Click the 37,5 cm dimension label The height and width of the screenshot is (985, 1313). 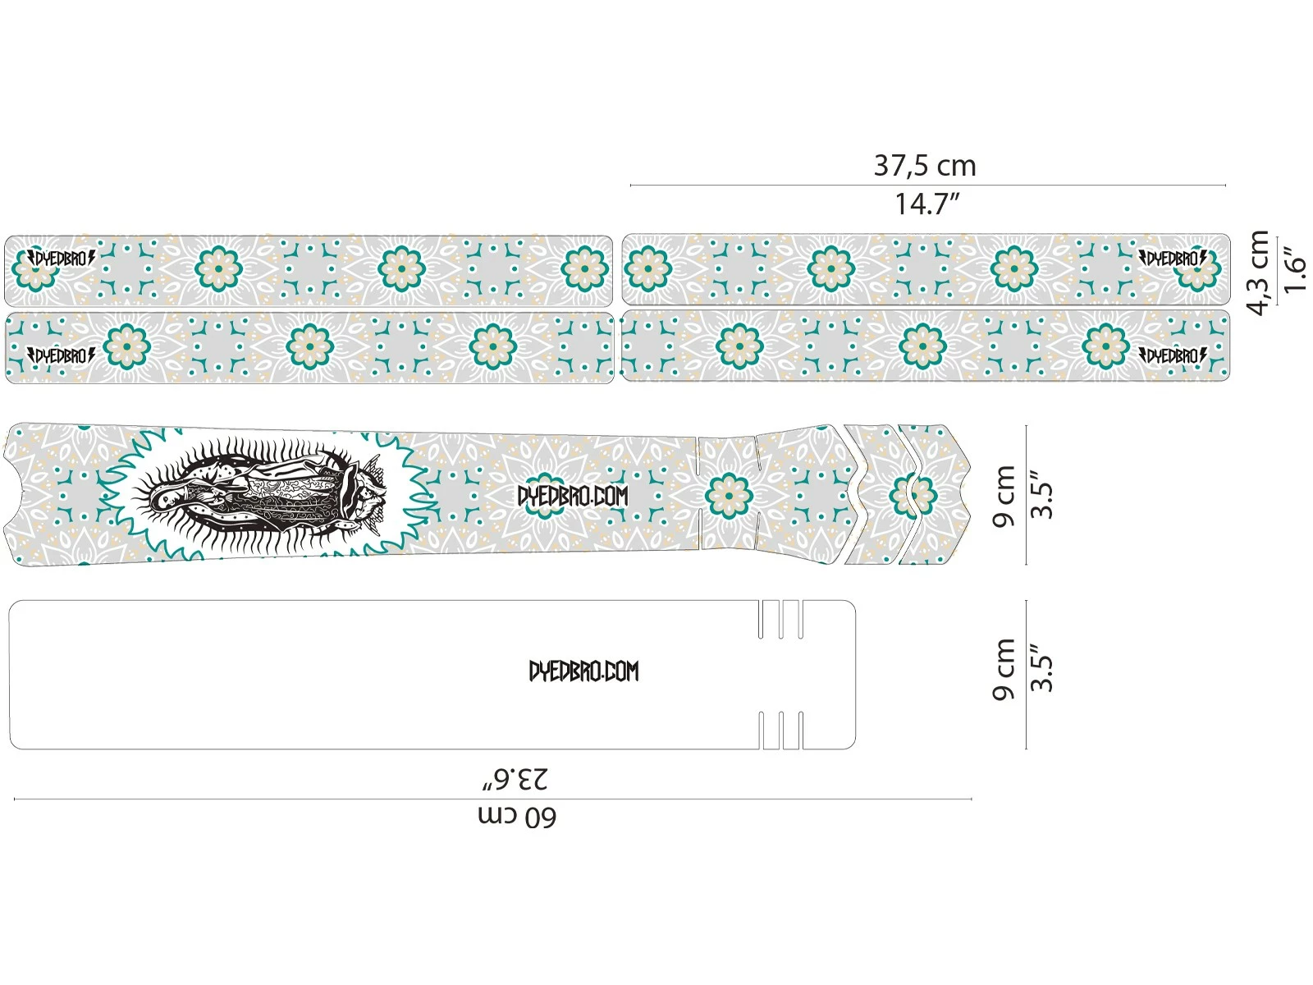925,166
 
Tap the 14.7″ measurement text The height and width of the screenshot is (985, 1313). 926,204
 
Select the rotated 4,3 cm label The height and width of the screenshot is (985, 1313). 1258,273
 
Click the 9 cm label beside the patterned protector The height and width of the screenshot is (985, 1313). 1004,496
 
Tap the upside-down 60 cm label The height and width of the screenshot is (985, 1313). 517,817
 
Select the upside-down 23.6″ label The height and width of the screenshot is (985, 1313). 515,778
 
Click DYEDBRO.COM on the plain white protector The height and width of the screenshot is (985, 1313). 583,671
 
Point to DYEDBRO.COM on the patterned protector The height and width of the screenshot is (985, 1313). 573,496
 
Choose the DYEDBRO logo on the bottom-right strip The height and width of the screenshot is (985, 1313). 1173,355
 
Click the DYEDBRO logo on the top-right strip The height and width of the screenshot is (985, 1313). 1173,259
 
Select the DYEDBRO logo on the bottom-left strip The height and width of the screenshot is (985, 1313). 62,355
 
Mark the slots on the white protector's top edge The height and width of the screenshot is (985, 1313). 780,619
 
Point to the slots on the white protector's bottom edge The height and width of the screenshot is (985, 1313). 780,730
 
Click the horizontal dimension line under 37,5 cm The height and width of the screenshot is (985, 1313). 927,186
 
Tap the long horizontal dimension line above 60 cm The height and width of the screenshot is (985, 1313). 492,798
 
